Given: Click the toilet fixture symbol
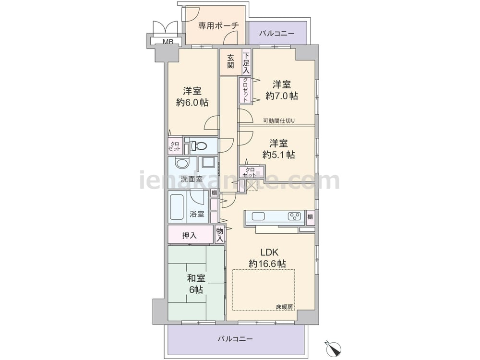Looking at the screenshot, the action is point(198,146).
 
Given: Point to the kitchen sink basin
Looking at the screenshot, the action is point(258,216).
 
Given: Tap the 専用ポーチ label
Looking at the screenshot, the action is point(218,25).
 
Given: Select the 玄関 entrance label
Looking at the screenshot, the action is point(230,61).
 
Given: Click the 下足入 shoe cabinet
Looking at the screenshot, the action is point(246,62).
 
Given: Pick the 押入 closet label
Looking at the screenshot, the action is point(190,235).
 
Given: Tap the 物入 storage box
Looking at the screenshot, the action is point(219,235).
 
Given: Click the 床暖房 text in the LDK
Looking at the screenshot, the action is point(284,306).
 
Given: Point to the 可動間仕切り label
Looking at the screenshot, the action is point(279,120).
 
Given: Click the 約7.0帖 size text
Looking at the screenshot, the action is point(282,96).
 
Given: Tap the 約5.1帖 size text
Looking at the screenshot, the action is point(278,155).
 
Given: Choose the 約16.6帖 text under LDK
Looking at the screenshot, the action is point(267,264).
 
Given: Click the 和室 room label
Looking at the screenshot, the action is point(196,278).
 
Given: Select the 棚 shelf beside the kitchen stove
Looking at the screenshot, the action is point(311,217).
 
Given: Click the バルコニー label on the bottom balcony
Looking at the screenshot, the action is point(235,339).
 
